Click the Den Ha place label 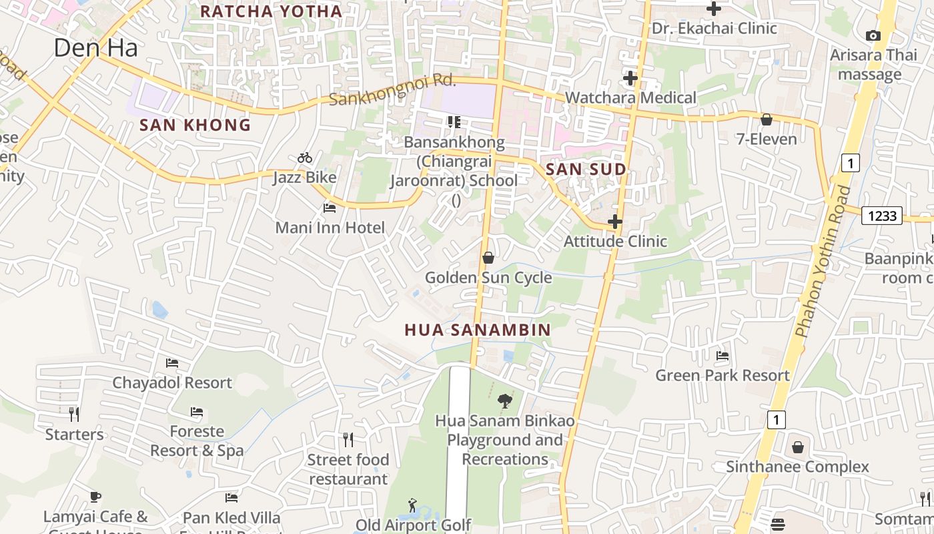click(95, 47)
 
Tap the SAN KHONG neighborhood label click(195, 125)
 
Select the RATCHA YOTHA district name click(271, 11)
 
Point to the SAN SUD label click(586, 170)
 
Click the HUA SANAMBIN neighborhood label click(478, 330)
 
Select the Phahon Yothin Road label click(823, 260)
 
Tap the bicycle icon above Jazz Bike click(305, 158)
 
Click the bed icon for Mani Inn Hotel click(330, 208)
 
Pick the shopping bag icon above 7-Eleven click(767, 119)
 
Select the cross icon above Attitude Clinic click(615, 222)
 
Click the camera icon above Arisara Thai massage click(873, 36)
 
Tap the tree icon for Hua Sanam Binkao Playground click(505, 401)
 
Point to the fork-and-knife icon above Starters click(74, 415)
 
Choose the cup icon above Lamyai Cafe click(95, 497)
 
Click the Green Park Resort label click(723, 375)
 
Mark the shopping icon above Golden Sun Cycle click(488, 258)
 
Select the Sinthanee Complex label click(797, 467)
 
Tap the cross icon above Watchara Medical click(630, 78)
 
